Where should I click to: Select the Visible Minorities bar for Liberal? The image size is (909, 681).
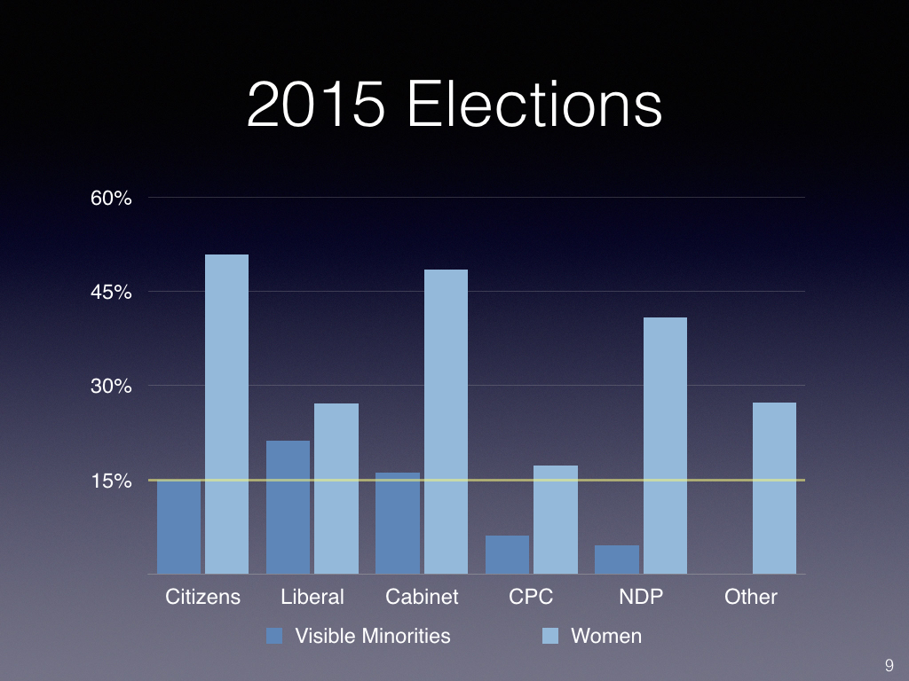point(288,507)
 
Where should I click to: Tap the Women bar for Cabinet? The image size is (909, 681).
point(446,421)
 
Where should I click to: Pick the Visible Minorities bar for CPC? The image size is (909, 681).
point(507,554)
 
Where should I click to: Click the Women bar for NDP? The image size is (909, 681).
point(665,445)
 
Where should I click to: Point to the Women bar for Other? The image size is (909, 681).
point(774,488)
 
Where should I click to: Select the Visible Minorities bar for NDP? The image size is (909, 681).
point(617,560)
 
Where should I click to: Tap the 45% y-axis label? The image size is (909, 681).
point(111,292)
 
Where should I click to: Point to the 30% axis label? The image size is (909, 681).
point(111,387)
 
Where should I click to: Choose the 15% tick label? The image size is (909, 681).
point(111,481)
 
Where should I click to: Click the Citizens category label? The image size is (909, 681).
point(202,597)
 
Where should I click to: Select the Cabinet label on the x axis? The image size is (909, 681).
point(422,597)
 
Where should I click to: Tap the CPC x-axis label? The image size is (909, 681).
point(531,597)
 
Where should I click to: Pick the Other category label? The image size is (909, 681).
point(751,597)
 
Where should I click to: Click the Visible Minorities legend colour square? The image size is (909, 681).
point(274,636)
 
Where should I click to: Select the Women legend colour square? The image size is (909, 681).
point(550,636)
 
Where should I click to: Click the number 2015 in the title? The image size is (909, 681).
point(315,106)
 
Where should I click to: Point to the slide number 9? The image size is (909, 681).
point(889,665)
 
